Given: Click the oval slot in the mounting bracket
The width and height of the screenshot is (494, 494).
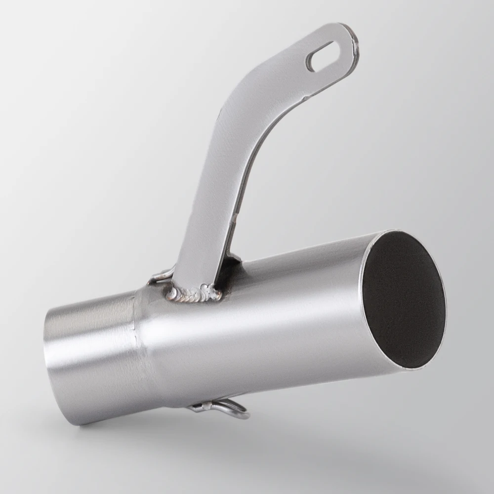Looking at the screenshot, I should click(320, 55).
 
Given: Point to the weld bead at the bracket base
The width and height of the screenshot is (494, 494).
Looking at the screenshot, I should click(195, 294).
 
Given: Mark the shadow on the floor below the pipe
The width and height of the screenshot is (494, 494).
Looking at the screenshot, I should click(296, 435).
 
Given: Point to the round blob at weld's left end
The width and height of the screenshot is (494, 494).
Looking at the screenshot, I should click(172, 294).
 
